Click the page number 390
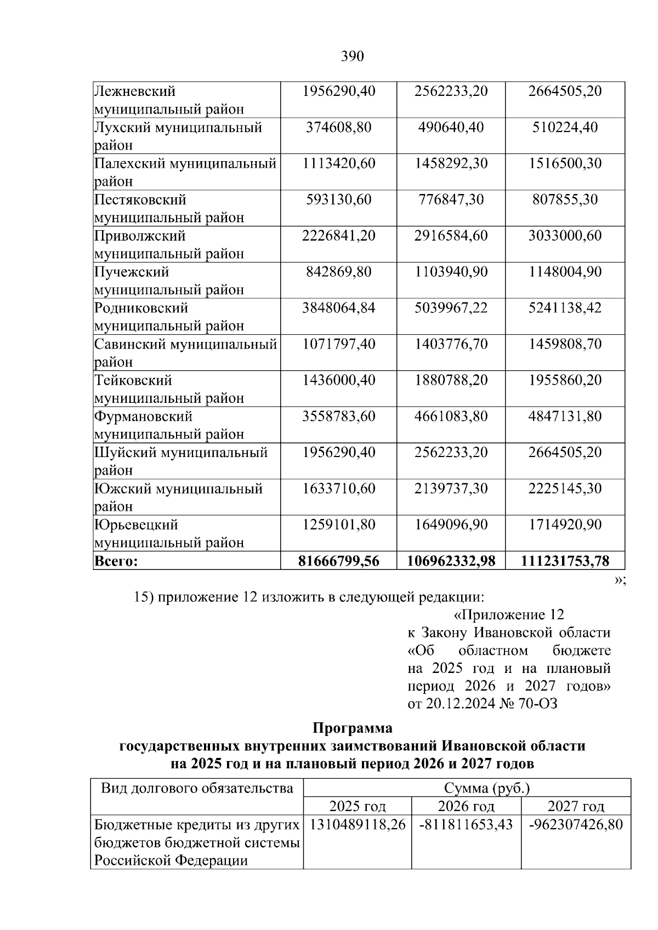click(352, 56)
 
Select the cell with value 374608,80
click(338, 128)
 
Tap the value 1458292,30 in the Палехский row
click(451, 164)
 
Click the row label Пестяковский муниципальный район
click(169, 209)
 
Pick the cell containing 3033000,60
click(565, 236)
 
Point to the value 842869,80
click(338, 272)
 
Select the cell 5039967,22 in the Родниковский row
click(451, 309)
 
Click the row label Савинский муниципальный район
click(185, 353)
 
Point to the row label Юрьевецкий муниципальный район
click(169, 534)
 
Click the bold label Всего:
click(116, 562)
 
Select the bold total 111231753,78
click(565, 561)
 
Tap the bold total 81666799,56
click(338, 561)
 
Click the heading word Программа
click(352, 728)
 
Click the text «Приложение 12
click(509, 615)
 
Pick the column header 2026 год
click(466, 807)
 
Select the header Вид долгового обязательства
click(197, 789)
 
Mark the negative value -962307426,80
click(576, 825)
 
